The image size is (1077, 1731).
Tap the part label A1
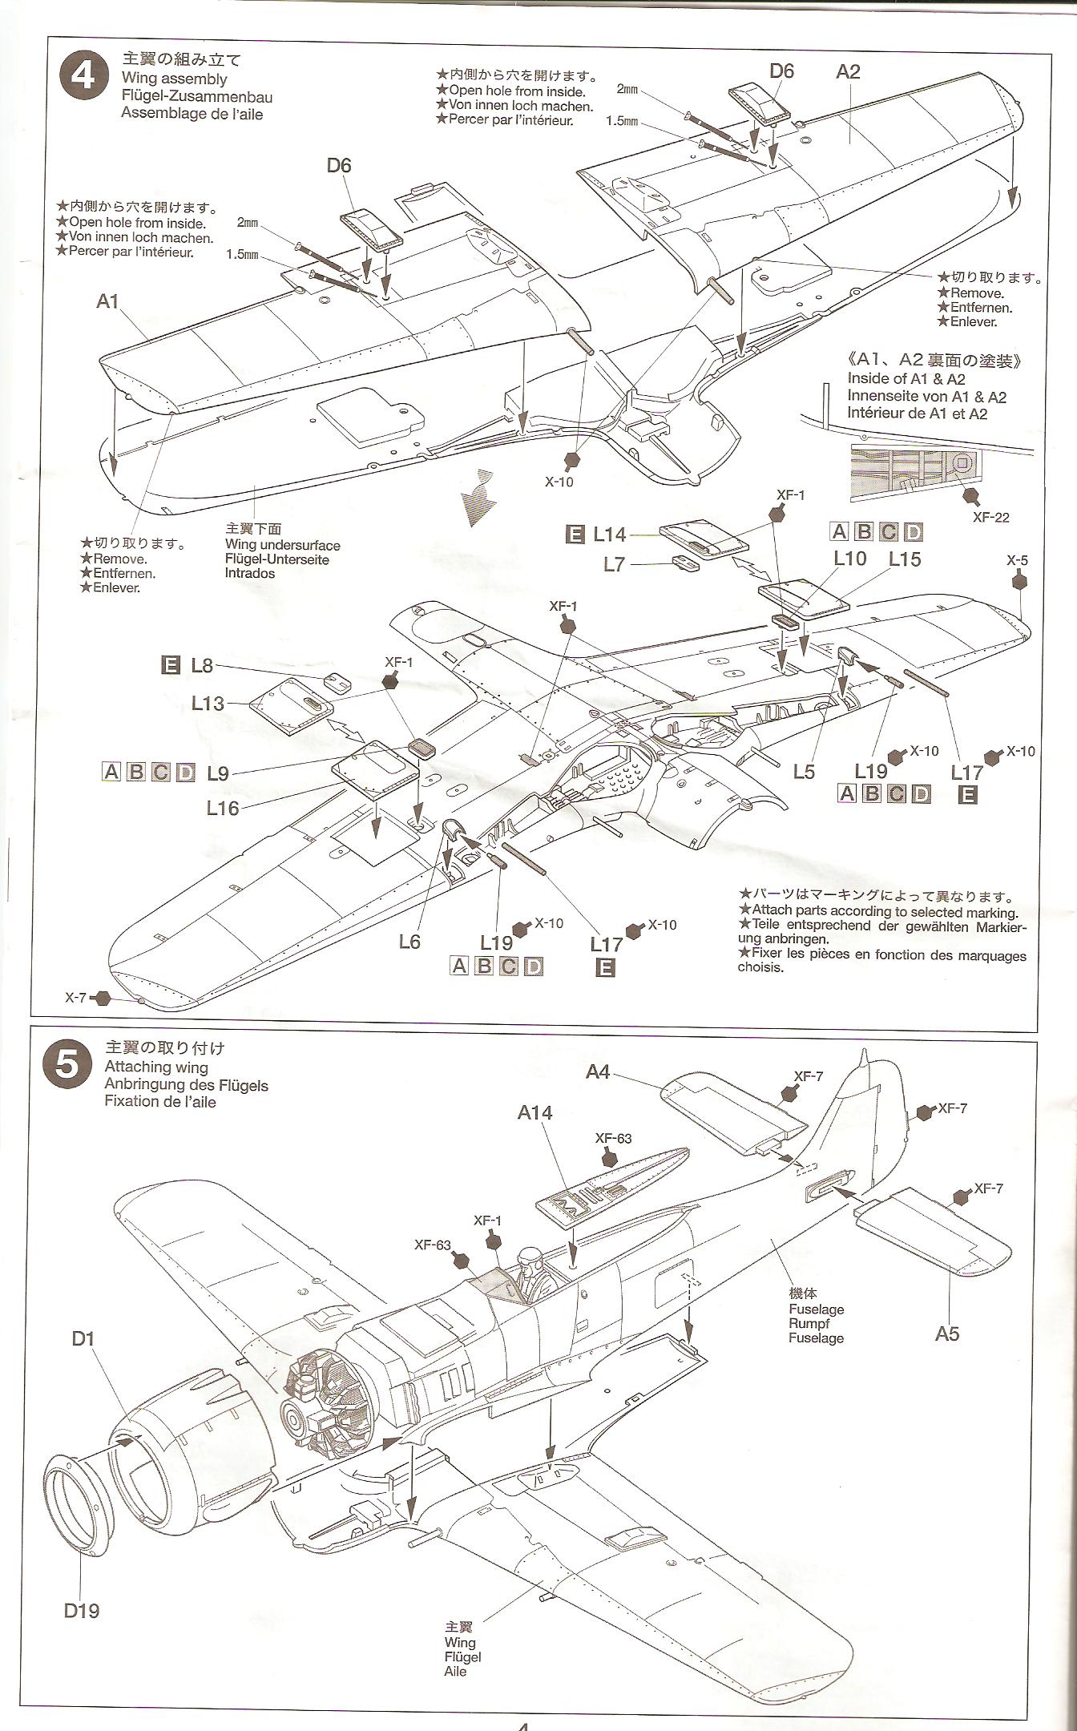pyautogui.click(x=107, y=301)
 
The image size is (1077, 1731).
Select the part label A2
pyautogui.click(x=848, y=72)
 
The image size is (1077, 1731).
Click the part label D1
pyautogui.click(x=83, y=1338)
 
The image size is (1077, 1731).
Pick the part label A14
pyautogui.click(x=534, y=1112)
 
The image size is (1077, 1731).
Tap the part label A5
pyautogui.click(x=946, y=1334)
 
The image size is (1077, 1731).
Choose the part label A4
pyautogui.click(x=598, y=1071)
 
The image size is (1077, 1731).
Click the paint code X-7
pyautogui.click(x=76, y=998)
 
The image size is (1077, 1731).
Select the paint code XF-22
pyautogui.click(x=990, y=517)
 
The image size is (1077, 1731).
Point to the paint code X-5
pyautogui.click(x=1017, y=560)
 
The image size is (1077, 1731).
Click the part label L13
pyautogui.click(x=208, y=703)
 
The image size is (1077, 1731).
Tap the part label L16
pyautogui.click(x=223, y=809)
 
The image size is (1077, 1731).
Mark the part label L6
pyautogui.click(x=409, y=942)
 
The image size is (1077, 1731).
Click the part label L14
pyautogui.click(x=610, y=535)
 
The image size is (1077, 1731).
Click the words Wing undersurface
pyautogui.click(x=283, y=545)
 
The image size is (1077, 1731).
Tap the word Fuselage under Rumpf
pyautogui.click(x=816, y=1338)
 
